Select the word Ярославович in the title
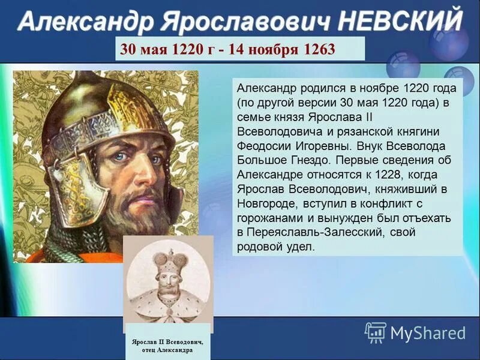[x=245, y=22]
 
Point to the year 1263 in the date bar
[x=319, y=49]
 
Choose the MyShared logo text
[x=428, y=333]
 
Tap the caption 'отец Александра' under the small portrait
[x=167, y=350]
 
